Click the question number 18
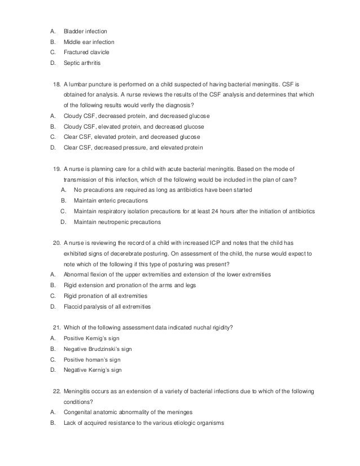(56, 84)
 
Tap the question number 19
(56, 168)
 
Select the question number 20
(56, 242)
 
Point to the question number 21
(56, 327)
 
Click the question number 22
(56, 390)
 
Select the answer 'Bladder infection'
(85, 30)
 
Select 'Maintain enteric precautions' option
(111, 200)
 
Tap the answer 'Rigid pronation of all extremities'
(106, 296)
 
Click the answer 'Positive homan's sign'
(92, 359)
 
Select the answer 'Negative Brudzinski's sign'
(98, 349)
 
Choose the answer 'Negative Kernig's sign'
(93, 370)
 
